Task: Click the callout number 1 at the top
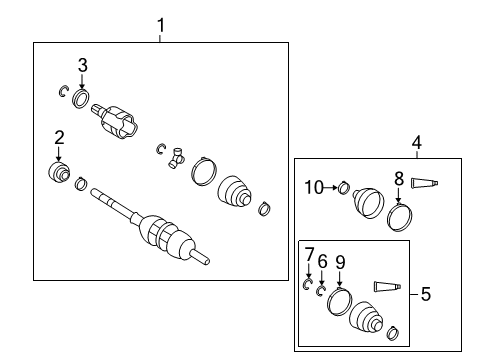(x=161, y=24)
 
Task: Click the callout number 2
(x=59, y=138)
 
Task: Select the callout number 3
(x=83, y=65)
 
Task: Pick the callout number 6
(x=322, y=261)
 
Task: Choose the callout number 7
(x=309, y=255)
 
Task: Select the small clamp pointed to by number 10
(x=341, y=187)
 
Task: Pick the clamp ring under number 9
(x=340, y=302)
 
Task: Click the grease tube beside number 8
(x=426, y=182)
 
